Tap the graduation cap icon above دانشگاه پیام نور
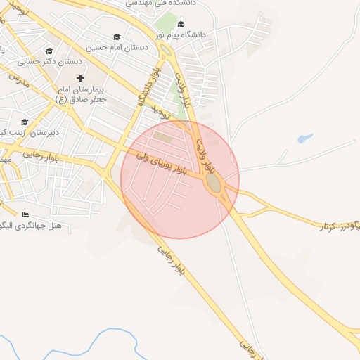181,24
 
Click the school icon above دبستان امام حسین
117,37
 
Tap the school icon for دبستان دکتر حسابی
49,51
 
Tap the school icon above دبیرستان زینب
25,122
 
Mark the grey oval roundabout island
213,184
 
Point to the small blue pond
304,139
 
